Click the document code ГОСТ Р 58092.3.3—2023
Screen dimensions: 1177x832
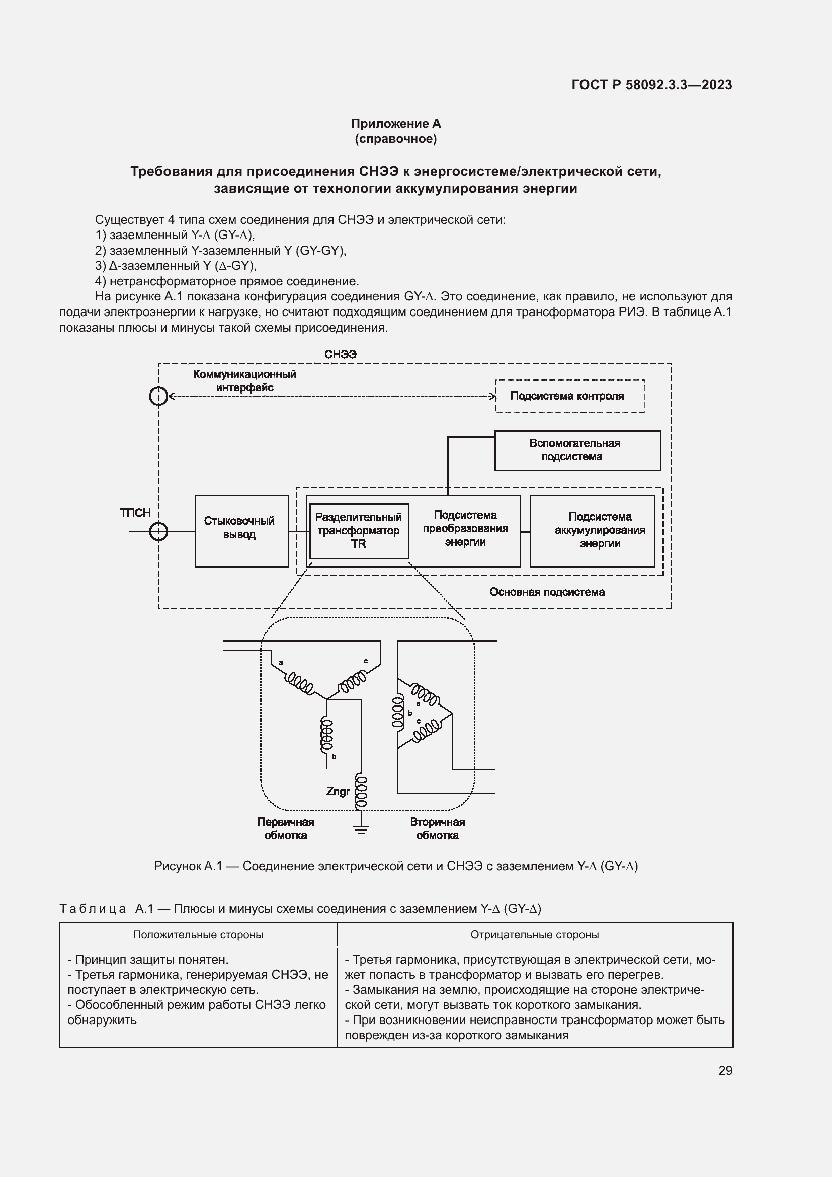(x=651, y=85)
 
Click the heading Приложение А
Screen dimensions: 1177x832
(x=395, y=124)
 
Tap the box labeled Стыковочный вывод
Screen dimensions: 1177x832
(x=241, y=531)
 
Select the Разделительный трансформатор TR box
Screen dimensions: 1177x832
(x=359, y=531)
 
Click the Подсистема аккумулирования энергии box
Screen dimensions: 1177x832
(x=592, y=531)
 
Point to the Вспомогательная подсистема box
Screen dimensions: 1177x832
(x=577, y=450)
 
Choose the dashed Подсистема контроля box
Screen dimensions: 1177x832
(x=570, y=396)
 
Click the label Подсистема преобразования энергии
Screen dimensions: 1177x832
(x=465, y=528)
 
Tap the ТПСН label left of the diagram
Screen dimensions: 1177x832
(x=135, y=513)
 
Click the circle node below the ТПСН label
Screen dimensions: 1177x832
(x=159, y=531)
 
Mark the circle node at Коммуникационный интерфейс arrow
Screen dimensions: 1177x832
(x=159, y=396)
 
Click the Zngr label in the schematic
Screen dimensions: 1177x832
(x=338, y=792)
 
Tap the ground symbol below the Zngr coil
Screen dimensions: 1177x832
(x=361, y=829)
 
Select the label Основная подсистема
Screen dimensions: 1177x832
(x=547, y=592)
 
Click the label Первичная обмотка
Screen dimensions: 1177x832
(x=285, y=829)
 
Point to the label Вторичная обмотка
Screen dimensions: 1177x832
(x=437, y=829)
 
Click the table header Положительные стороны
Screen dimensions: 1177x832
(x=198, y=934)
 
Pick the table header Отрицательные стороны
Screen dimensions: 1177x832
(x=534, y=934)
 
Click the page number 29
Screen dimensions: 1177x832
(x=725, y=1070)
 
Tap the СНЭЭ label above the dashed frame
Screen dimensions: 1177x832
(x=340, y=354)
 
